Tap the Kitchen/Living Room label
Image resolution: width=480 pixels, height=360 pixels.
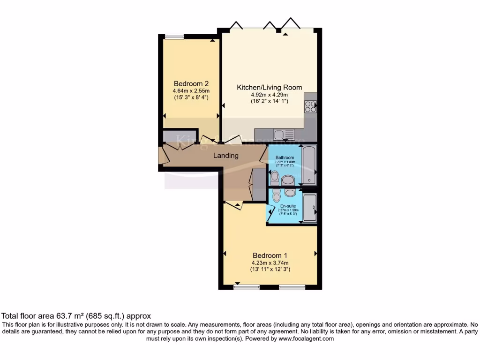pyautogui.click(x=269, y=87)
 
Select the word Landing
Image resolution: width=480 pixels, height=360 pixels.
pyautogui.click(x=226, y=156)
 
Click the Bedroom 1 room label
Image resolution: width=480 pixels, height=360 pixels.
pyautogui.click(x=270, y=255)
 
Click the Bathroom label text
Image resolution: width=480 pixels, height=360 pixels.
pyautogui.click(x=285, y=157)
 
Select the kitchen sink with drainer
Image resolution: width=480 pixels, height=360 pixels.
pyautogui.click(x=284, y=135)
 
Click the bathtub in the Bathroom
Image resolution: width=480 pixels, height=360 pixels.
pyautogui.click(x=309, y=165)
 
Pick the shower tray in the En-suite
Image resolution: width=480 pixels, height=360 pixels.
pyautogui.click(x=309, y=207)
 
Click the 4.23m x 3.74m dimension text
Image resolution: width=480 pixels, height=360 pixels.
pyautogui.click(x=270, y=263)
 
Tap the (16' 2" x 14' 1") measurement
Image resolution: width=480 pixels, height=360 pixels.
pyautogui.click(x=269, y=101)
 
